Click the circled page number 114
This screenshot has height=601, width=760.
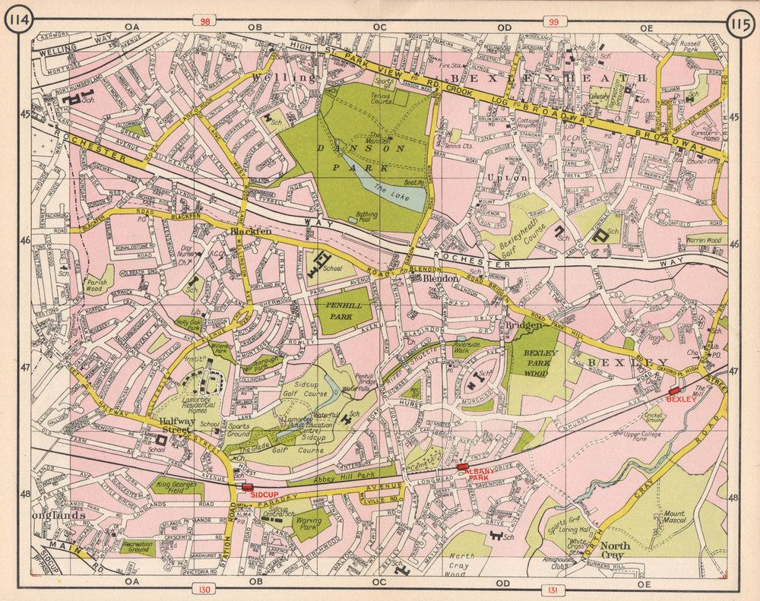pos(19,21)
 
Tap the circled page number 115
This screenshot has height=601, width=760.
pos(740,21)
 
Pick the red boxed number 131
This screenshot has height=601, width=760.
pos(553,589)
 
